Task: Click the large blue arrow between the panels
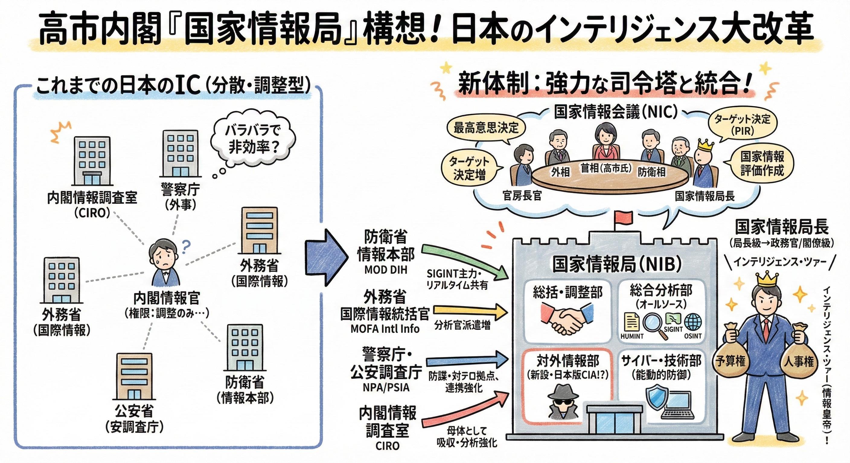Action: pos(325,257)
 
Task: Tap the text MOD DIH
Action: pos(385,270)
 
